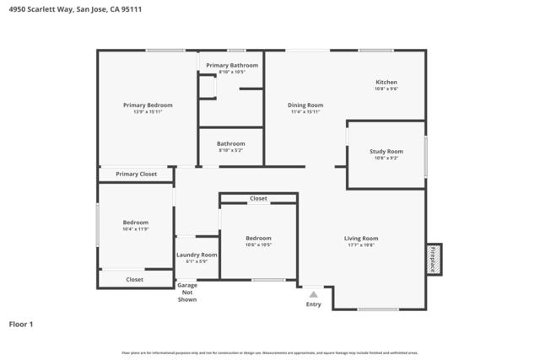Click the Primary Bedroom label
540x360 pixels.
pos(148,105)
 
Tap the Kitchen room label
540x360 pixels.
pos(386,82)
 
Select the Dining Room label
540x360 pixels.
pos(306,105)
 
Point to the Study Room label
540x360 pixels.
pos(386,152)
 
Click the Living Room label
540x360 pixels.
pos(360,239)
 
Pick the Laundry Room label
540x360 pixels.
pos(197,255)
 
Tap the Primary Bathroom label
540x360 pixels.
pos(232,65)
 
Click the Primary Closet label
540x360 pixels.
pos(137,174)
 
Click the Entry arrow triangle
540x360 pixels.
pos(314,294)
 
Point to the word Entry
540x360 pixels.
pos(314,304)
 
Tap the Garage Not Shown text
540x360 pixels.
pos(187,292)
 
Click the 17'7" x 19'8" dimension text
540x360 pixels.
pos(360,245)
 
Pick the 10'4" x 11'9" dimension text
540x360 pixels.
pos(136,228)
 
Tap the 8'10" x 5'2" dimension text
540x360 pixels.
pos(231,150)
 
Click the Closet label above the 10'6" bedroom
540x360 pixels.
pos(258,199)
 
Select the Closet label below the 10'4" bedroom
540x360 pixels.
pos(134,279)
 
